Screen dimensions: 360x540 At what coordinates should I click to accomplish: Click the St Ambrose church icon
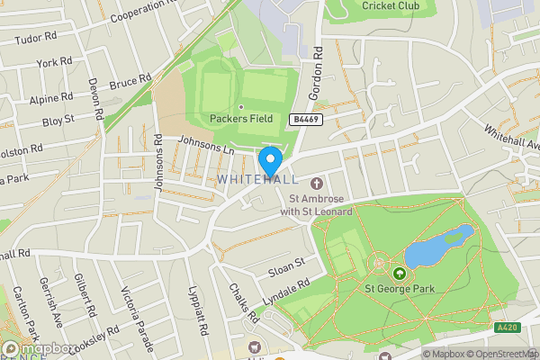tap(316, 184)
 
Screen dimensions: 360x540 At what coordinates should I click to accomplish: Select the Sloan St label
tap(287, 265)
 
